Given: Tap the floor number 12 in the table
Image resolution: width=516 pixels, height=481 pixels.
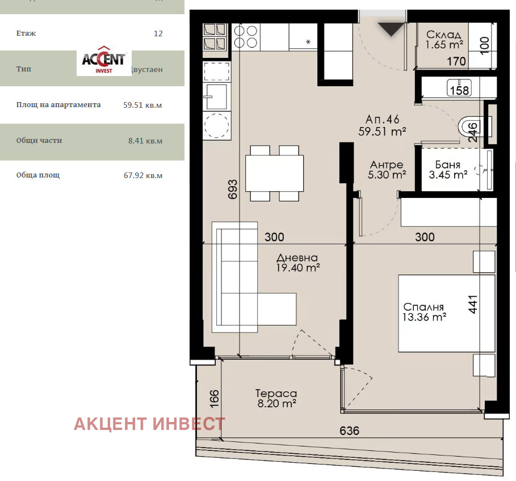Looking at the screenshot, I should click(158, 33).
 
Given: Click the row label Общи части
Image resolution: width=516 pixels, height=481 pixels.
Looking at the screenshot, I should click(39, 141).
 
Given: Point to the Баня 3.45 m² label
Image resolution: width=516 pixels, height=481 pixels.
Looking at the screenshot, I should click(448, 170).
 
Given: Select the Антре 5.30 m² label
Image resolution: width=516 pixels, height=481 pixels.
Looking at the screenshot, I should click(387, 170).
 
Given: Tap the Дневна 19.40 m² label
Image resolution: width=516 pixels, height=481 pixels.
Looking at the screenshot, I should click(297, 261).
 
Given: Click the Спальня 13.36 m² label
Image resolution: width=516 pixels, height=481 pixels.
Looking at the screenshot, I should click(425, 311).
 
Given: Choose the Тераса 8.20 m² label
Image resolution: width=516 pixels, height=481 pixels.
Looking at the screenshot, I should click(276, 398).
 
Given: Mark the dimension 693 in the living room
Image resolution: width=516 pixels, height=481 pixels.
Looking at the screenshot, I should click(233, 188).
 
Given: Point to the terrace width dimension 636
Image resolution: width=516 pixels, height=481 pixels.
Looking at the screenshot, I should click(349, 431).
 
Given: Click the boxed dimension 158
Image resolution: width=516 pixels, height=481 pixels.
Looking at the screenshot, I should click(459, 90).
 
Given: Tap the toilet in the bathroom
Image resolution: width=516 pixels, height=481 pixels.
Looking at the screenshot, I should click(468, 126).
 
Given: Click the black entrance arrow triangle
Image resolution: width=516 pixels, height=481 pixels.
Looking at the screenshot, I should click(391, 28).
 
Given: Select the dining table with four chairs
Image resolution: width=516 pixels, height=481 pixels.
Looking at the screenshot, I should click(275, 173).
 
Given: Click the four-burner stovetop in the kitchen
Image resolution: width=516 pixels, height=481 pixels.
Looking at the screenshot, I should click(245, 36).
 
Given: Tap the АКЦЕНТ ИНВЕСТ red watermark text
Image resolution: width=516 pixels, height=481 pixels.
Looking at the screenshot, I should click(149, 424).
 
